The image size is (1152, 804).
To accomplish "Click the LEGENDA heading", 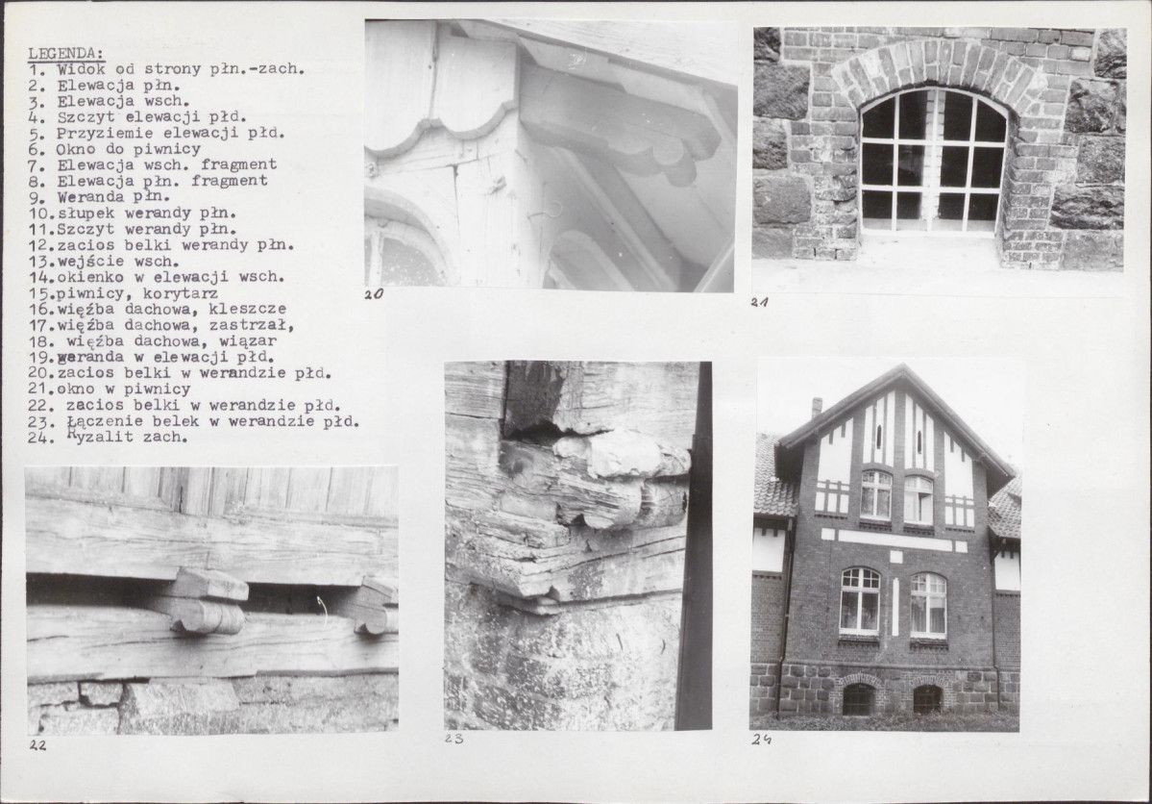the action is tap(66, 53).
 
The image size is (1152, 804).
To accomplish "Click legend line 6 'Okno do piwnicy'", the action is tap(114, 149).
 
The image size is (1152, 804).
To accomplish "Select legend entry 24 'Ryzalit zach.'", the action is tap(109, 437).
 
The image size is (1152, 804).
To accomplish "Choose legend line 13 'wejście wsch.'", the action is tap(105, 262).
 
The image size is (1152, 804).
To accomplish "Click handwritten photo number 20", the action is tap(374, 294).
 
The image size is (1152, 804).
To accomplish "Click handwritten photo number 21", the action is tap(760, 302).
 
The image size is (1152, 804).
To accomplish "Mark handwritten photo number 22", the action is tap(37, 745).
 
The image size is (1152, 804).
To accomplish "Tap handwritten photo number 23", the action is tap(454, 739).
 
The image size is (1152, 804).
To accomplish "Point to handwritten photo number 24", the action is tap(760, 740).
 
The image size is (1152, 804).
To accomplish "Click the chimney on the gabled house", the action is tap(817, 409).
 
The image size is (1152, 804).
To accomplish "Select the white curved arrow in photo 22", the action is tap(322, 609).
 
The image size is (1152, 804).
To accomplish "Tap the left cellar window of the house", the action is tap(858, 699).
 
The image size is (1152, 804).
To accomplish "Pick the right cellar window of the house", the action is tap(926, 699).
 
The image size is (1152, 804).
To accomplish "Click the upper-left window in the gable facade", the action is tap(875, 494).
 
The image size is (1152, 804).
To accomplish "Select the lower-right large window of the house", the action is tap(928, 605).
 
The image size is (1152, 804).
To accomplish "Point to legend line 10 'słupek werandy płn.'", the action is tap(133, 214).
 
